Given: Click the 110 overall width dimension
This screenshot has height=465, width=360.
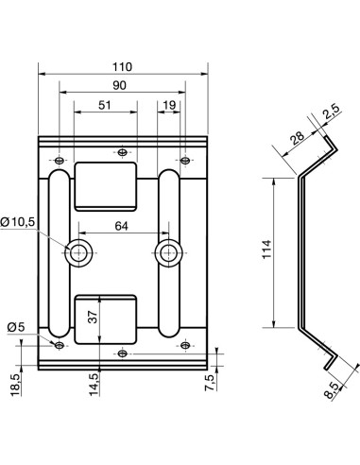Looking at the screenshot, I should click(x=123, y=66).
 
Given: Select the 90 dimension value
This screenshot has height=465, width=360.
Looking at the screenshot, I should click(x=123, y=86).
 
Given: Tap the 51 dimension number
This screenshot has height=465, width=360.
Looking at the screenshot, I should click(x=104, y=106).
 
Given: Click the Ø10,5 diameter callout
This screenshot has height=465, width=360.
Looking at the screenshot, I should click(x=19, y=221).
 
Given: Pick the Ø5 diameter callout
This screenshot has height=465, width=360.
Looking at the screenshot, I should click(x=15, y=327).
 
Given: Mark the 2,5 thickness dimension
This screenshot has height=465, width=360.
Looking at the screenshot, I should click(x=330, y=114).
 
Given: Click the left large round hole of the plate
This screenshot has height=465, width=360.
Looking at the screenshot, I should click(x=79, y=251).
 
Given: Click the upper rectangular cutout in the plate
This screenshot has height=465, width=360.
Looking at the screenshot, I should click(x=106, y=185).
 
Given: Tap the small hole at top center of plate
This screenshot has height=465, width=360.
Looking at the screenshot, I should click(x=123, y=151).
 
